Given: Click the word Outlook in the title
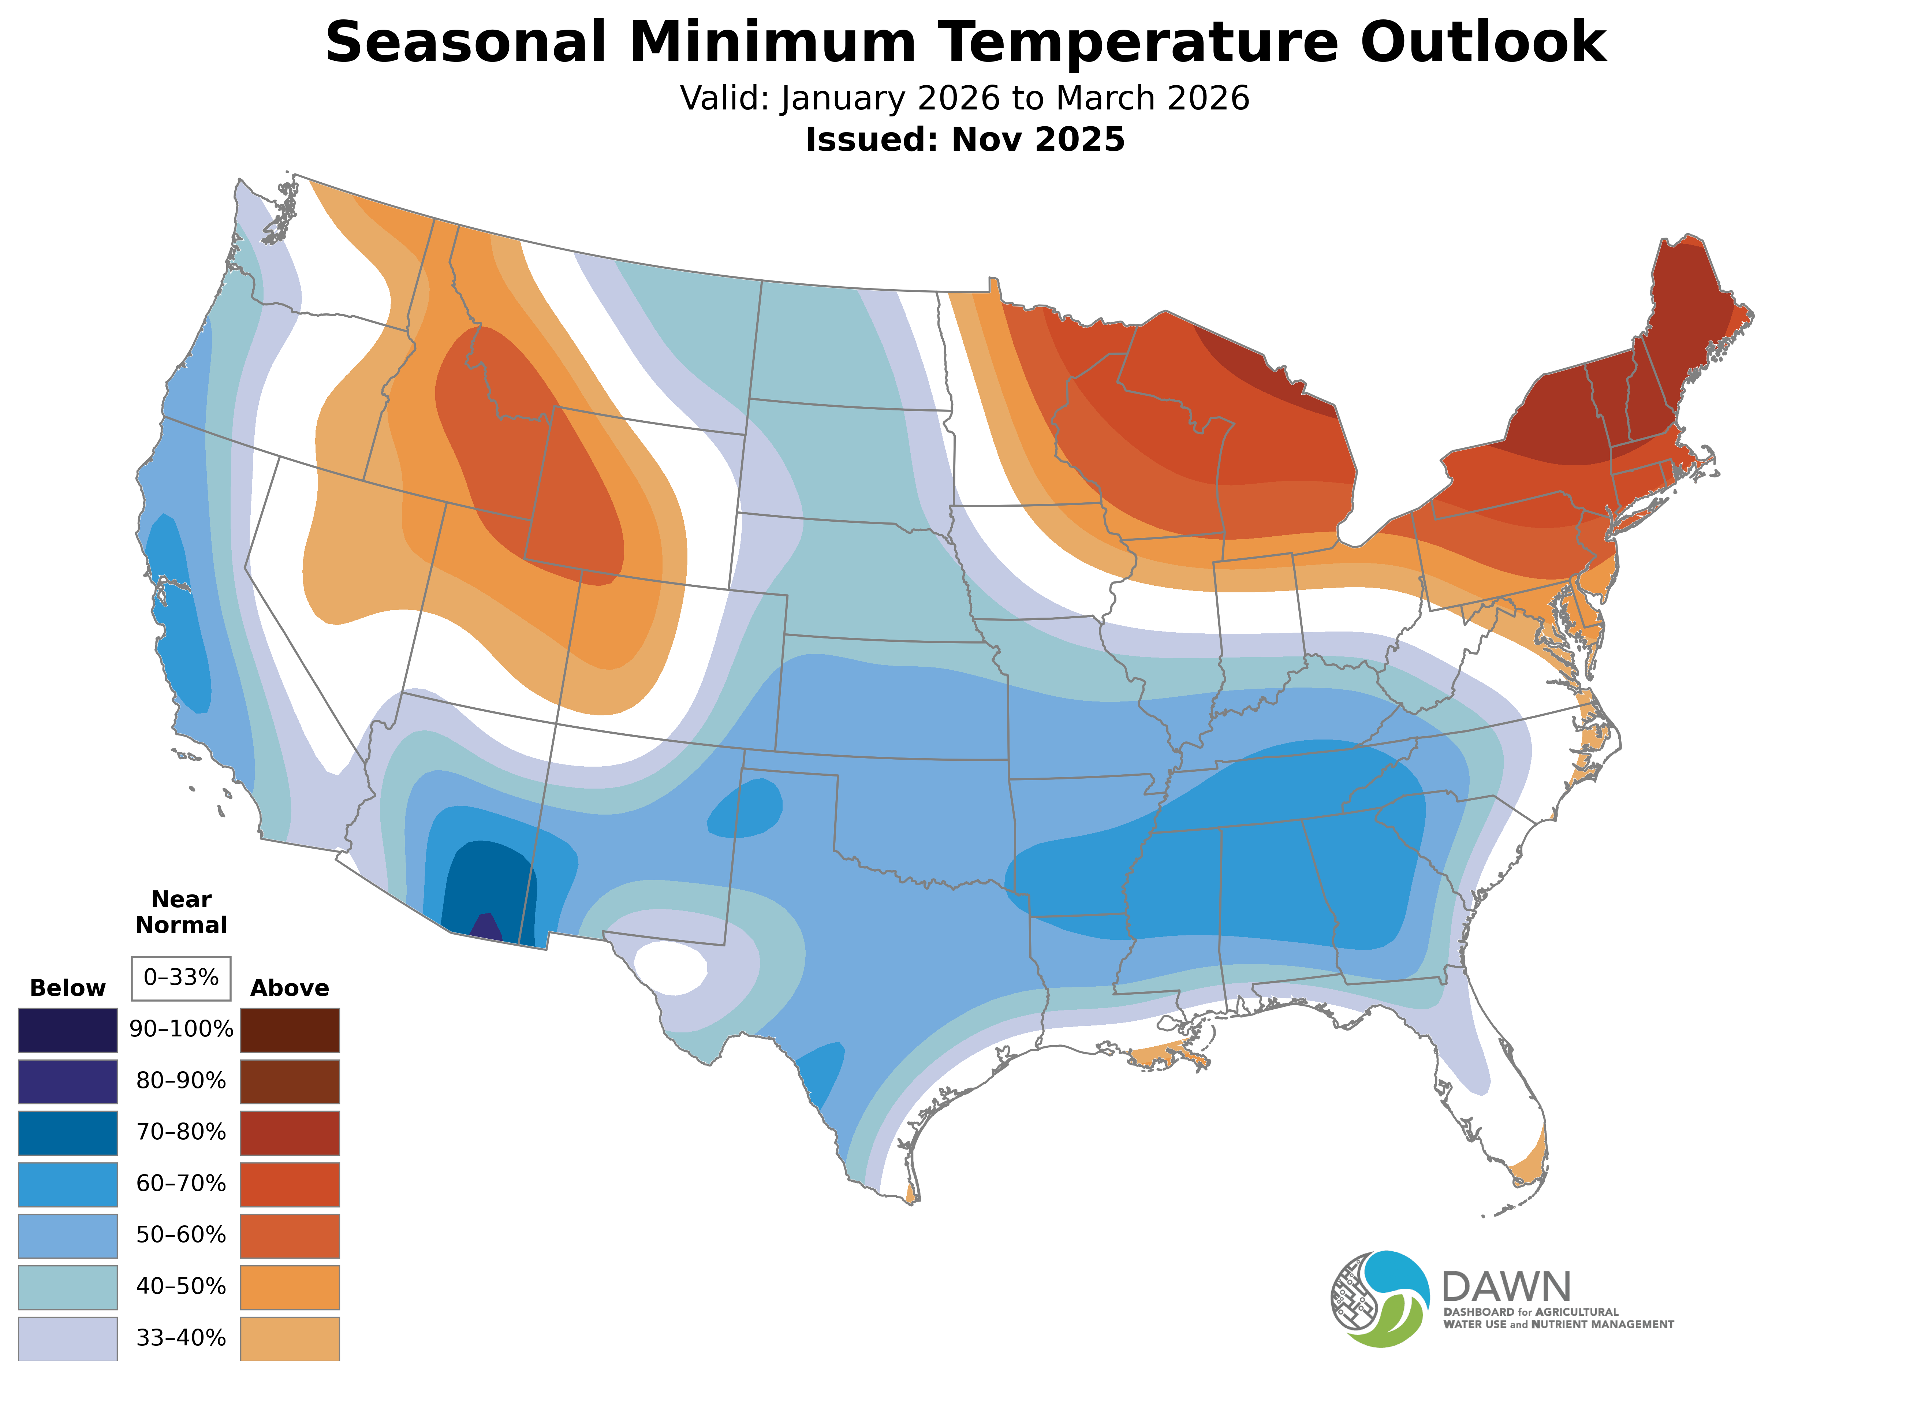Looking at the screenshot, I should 1482,42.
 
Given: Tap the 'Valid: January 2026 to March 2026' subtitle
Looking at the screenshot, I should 965,98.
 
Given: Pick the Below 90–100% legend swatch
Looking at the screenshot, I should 68,1030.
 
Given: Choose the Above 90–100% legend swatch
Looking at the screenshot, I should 290,1030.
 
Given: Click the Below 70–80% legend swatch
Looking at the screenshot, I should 68,1133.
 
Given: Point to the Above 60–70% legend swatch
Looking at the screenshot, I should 290,1184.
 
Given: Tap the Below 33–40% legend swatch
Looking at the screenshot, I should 68,1338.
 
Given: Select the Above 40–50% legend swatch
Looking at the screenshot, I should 290,1287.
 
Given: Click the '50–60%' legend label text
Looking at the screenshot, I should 181,1235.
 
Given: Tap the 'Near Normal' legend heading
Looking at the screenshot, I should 181,912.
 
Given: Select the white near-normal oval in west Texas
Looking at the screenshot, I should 671,967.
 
